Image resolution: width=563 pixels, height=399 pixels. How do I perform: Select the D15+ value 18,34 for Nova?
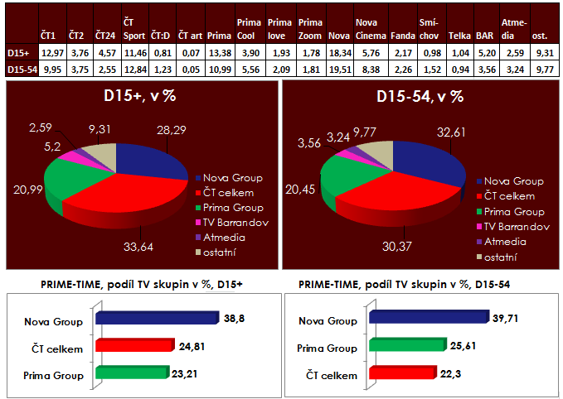tap(338, 53)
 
